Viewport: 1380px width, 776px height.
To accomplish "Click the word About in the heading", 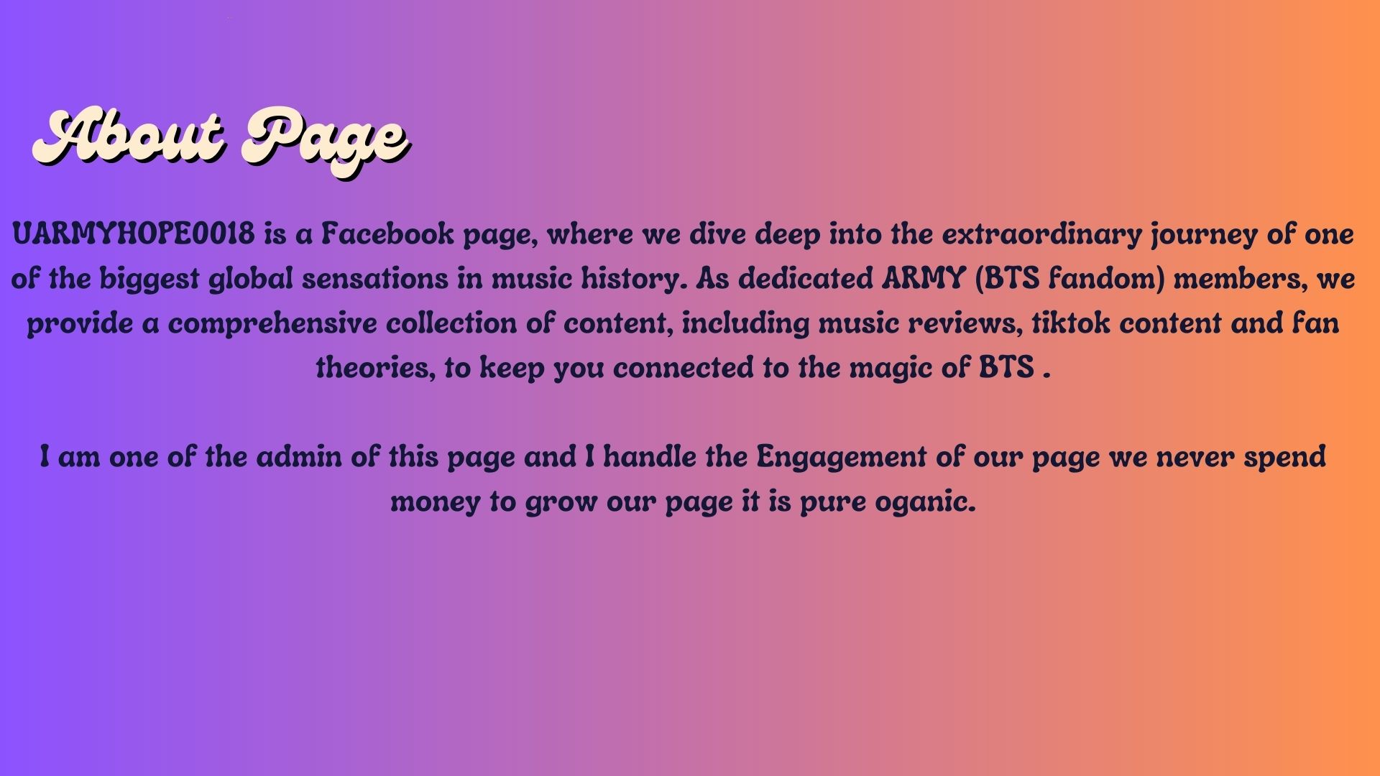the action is pos(130,137).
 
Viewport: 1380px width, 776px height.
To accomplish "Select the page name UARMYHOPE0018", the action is pos(134,234).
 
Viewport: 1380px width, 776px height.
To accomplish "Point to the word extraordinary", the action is pos(1041,234).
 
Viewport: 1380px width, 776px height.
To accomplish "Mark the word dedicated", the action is pos(806,279).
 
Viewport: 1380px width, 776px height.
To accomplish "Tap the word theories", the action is pos(375,369).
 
